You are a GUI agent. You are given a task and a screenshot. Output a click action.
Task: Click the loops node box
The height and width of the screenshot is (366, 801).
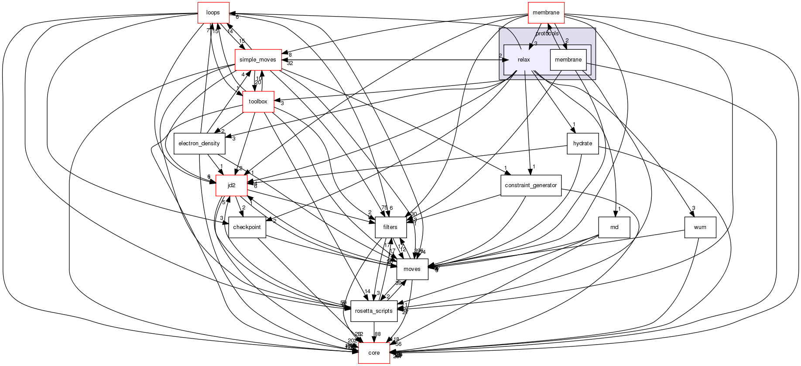pos(213,13)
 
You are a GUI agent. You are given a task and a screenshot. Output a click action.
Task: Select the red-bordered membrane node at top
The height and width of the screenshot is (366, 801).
pos(546,13)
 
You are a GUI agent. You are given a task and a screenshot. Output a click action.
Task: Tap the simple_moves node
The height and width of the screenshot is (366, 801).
pos(258,59)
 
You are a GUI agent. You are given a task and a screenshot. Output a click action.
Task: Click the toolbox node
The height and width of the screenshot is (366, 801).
pos(258,102)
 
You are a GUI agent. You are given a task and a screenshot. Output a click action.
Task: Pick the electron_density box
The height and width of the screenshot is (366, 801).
pos(199,144)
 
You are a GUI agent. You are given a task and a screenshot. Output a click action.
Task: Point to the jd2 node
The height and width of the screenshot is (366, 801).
pos(232,185)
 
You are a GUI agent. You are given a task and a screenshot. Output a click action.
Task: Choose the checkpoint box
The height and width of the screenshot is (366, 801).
pos(247,227)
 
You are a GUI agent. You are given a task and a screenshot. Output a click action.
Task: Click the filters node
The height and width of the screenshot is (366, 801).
pos(390,227)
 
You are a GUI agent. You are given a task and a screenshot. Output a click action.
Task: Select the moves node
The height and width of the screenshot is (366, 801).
pos(412,269)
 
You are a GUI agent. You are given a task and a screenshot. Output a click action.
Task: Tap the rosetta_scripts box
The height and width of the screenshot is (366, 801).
pos(374,311)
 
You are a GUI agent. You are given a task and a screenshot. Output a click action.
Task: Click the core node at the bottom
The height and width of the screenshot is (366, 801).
pos(374,353)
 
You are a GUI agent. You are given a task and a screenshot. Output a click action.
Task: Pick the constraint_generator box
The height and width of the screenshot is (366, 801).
pos(531,185)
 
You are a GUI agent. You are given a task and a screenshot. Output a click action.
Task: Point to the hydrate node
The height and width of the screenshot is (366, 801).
pos(582,144)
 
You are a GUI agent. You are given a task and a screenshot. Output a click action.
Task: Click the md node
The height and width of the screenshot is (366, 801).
pos(614,227)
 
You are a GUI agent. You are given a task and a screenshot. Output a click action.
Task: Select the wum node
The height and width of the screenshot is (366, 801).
pos(700,227)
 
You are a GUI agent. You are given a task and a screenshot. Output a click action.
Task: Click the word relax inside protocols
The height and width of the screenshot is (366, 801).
pos(524,60)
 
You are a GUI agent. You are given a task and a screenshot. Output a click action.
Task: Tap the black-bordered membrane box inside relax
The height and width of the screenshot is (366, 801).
pos(568,60)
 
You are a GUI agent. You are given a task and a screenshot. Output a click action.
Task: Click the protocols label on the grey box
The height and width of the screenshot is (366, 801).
pos(547,34)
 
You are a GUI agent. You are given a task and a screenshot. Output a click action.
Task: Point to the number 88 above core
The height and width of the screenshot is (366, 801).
pos(378,334)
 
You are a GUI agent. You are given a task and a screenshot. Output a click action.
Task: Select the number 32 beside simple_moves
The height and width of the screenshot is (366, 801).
pos(290,63)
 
